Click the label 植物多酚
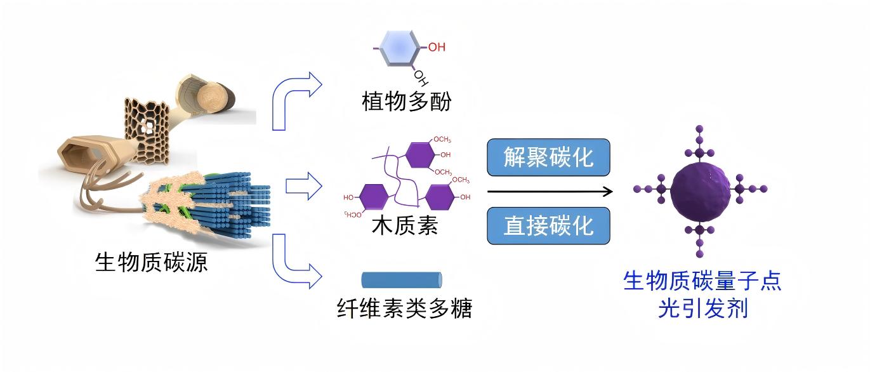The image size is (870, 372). point(406,102)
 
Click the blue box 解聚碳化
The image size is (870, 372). point(548,157)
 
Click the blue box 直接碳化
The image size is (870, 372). point(548,226)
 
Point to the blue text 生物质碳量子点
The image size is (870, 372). point(702,280)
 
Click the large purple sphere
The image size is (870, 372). point(700,190)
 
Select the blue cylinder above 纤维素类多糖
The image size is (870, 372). point(401,279)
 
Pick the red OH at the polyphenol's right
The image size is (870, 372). point(437,47)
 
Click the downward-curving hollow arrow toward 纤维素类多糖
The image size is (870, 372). point(296,262)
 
